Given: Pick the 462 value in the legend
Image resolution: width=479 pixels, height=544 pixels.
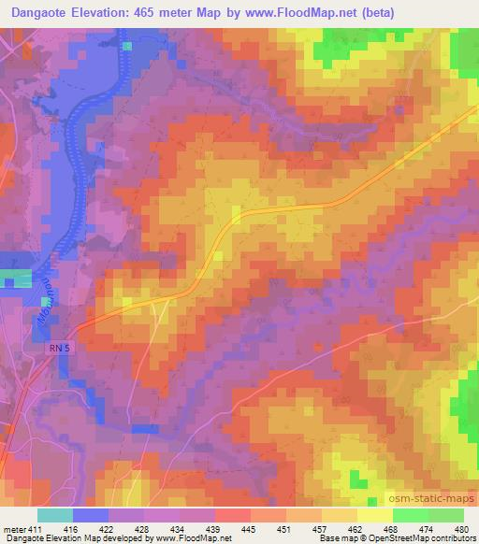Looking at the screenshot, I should (x=356, y=528).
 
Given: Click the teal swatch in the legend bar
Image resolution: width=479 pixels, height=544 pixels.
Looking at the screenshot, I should (x=55, y=515).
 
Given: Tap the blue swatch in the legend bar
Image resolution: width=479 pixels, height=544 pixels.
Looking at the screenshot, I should (x=92, y=515).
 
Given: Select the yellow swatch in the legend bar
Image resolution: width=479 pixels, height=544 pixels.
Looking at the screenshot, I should (x=374, y=515).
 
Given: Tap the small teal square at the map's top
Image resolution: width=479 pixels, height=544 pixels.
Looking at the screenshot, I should (x=127, y=44).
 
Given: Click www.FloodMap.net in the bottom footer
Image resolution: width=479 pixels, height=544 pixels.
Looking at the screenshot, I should (x=198, y=539).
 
